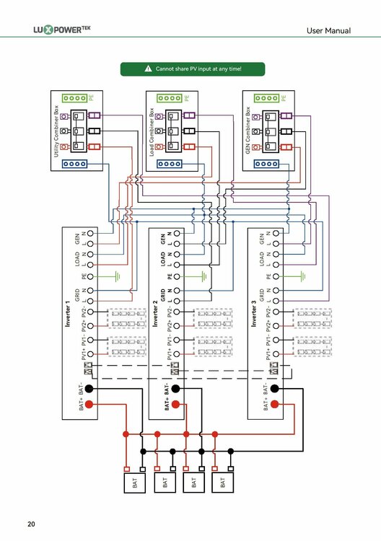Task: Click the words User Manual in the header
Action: pyautogui.click(x=328, y=30)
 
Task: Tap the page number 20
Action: pyautogui.click(x=31, y=523)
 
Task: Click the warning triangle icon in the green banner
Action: pyautogui.click(x=148, y=69)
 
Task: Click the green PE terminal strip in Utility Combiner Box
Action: pyautogui.click(x=74, y=97)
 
